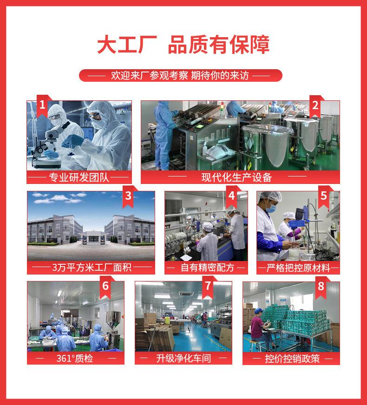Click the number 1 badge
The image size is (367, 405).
(42, 106)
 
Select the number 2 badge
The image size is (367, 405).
(315, 106)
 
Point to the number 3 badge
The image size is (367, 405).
(128, 196)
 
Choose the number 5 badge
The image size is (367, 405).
(324, 196)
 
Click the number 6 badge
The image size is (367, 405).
(105, 287)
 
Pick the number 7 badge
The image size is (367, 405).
(208, 287)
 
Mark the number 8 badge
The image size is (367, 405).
(320, 287)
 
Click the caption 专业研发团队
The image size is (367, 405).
(79, 177)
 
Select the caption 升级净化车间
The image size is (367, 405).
(183, 358)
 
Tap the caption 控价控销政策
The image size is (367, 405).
(292, 358)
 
